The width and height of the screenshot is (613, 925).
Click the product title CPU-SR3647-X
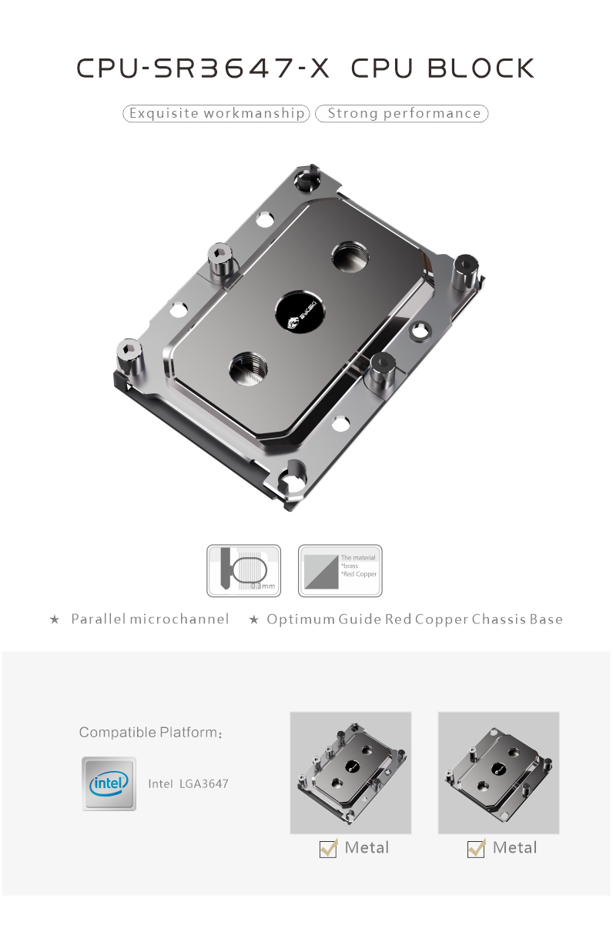203,68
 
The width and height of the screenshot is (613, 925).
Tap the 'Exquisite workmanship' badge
216,114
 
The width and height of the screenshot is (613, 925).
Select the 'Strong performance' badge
403,114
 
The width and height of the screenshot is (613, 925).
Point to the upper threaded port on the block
351,255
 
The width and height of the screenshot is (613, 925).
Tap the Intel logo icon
109,783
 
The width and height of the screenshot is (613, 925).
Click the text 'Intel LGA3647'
188,784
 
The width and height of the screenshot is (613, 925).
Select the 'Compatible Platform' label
151,732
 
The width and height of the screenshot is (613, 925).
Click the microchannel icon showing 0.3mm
243,571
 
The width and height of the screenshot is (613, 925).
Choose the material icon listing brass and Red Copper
340,571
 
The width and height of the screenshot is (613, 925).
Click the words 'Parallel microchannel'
150,619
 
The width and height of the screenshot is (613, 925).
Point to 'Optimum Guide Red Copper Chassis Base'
414,619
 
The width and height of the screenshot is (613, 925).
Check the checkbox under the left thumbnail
329,848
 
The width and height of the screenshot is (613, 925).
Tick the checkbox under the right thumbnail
477,848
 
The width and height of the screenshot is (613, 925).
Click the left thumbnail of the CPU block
350,773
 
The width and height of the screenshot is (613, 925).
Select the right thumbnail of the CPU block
498,773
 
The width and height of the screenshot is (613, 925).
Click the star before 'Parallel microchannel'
54,619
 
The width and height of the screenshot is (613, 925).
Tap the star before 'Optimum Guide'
253,619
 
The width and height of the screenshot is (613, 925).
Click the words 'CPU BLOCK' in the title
442,68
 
